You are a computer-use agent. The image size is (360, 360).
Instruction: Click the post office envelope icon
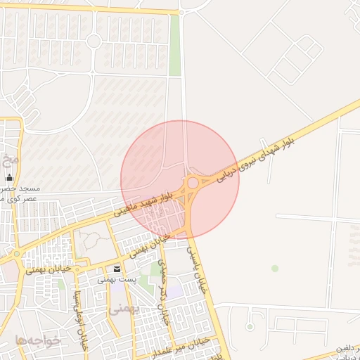[117, 269]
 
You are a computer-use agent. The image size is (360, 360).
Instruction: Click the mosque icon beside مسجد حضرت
[10, 179]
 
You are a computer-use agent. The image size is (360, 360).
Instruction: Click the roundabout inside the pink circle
[192, 183]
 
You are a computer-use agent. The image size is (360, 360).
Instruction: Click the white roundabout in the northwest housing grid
[94, 41]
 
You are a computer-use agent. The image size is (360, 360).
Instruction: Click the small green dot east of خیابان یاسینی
[275, 268]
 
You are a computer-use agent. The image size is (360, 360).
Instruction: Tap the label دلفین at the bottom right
[347, 347]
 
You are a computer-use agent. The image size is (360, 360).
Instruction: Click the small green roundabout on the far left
[17, 254]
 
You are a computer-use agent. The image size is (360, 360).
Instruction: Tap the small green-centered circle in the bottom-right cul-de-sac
[250, 326]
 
